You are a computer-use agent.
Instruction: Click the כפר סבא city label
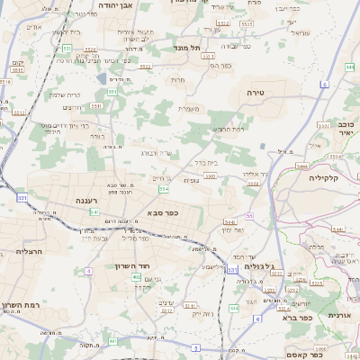(x=162, y=213)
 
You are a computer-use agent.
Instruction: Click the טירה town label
(x=258, y=93)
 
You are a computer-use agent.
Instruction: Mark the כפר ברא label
(x=296, y=317)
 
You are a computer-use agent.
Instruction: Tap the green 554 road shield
(x=164, y=189)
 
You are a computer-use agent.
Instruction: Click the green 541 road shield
(x=95, y=212)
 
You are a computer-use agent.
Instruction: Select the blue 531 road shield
(x=22, y=197)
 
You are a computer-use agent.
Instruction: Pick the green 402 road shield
(x=136, y=277)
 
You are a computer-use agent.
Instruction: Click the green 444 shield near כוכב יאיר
(x=348, y=66)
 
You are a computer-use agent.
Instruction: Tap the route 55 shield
(x=249, y=215)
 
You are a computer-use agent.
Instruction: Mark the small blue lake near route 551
(x=262, y=145)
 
